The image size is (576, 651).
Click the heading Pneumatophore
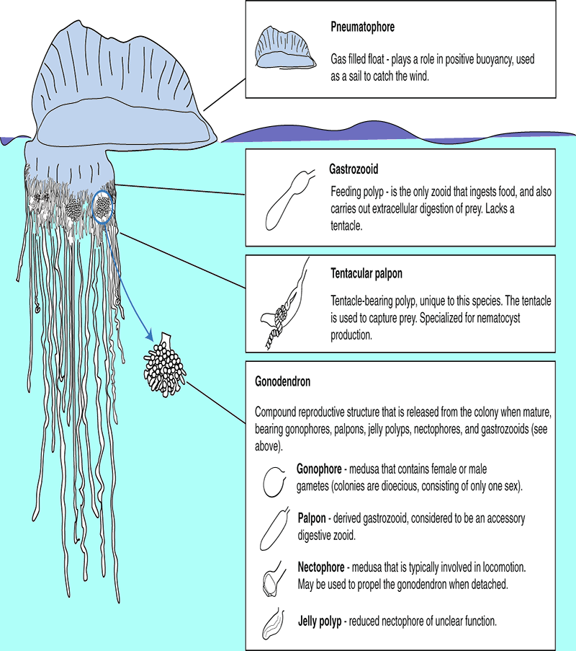tap(362, 27)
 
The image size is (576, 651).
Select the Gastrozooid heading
tap(354, 169)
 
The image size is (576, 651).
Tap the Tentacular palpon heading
tap(366, 274)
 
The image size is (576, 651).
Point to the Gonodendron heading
tap(282, 381)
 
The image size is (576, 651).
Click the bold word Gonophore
tap(319, 469)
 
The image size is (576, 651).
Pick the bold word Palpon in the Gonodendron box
tap(312, 518)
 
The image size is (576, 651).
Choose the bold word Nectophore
tap(321, 567)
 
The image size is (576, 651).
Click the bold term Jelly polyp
tap(320, 621)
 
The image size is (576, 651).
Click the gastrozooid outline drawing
tap(289, 200)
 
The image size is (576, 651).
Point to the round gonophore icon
tap(274, 482)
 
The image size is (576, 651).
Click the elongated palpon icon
tap(274, 528)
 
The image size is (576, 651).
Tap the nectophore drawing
tap(273, 579)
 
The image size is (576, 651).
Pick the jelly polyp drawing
tap(274, 624)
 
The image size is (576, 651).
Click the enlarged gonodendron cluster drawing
tap(165, 365)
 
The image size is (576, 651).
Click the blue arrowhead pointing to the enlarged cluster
tap(149, 336)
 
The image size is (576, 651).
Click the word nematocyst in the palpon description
tap(498, 318)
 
